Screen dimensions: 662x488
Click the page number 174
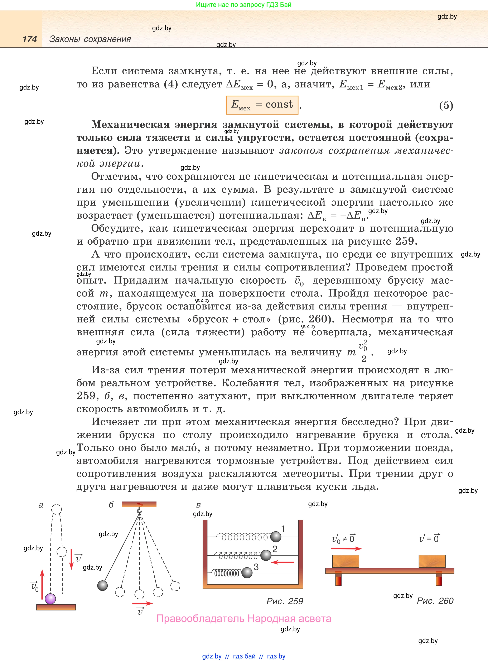point(30,39)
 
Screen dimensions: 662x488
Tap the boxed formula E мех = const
point(262,105)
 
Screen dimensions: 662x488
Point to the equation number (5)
point(446,105)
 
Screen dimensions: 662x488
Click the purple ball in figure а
point(50,599)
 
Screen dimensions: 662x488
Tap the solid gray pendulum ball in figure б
point(102,585)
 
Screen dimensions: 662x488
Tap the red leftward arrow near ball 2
point(282,562)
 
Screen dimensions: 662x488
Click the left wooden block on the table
point(346,561)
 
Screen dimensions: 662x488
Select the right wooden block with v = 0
point(432,561)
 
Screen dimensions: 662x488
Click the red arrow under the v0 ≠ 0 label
point(346,548)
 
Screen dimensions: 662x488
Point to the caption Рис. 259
point(285,601)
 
